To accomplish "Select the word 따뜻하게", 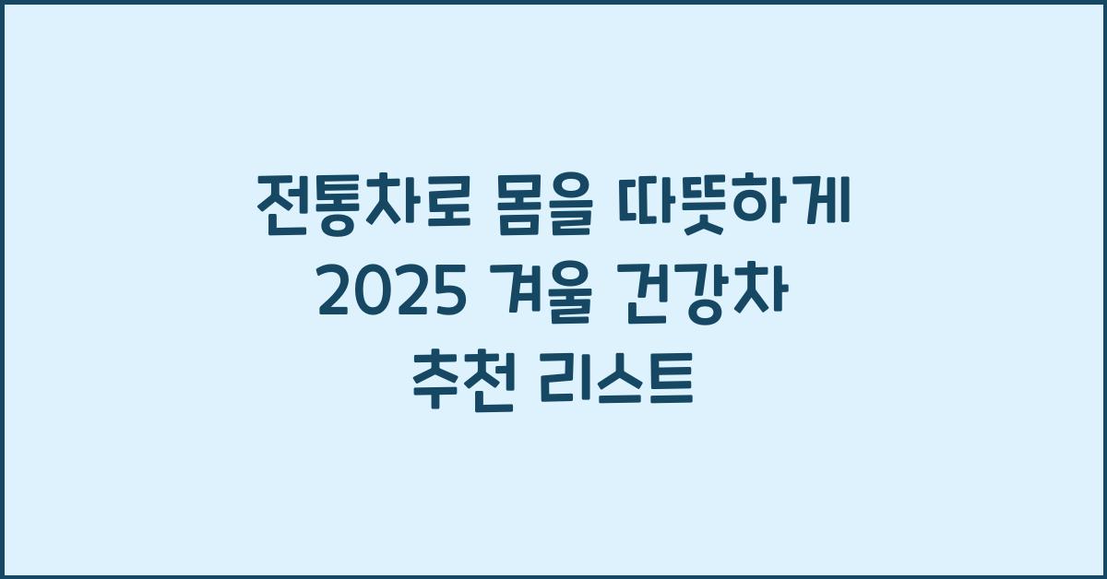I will (738, 209).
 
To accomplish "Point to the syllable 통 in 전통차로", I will (330, 210).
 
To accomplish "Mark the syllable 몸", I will (504, 210).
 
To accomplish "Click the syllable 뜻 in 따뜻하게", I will (711, 209).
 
